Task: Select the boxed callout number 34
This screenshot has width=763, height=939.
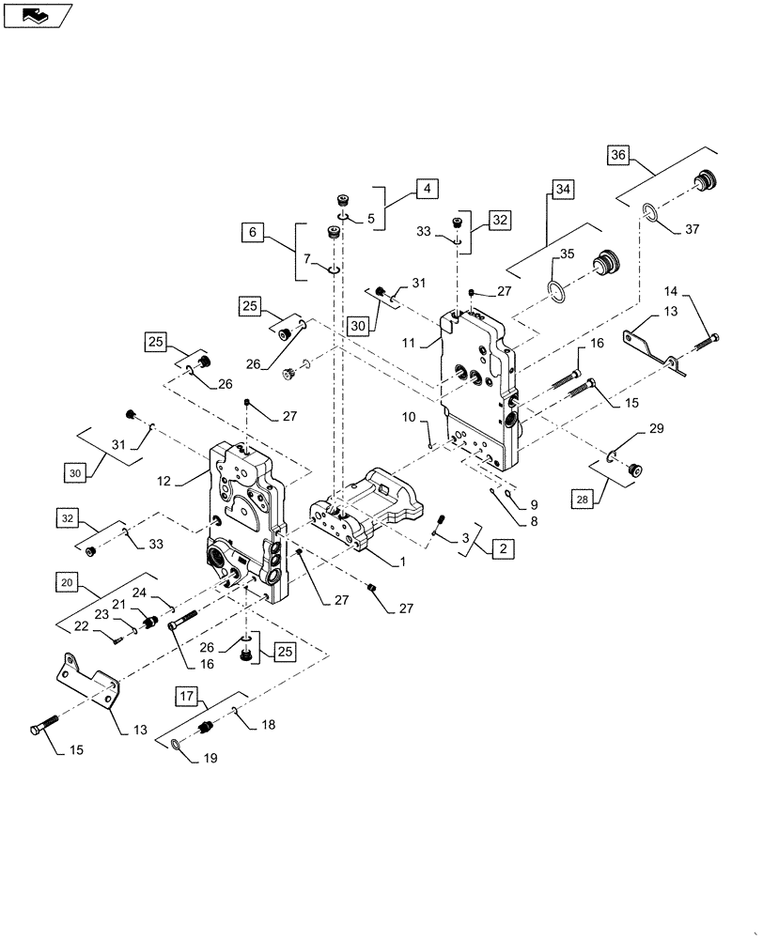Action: [x=561, y=191]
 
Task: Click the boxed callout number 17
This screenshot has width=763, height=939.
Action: [x=187, y=696]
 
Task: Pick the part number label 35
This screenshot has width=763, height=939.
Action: [x=567, y=254]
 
